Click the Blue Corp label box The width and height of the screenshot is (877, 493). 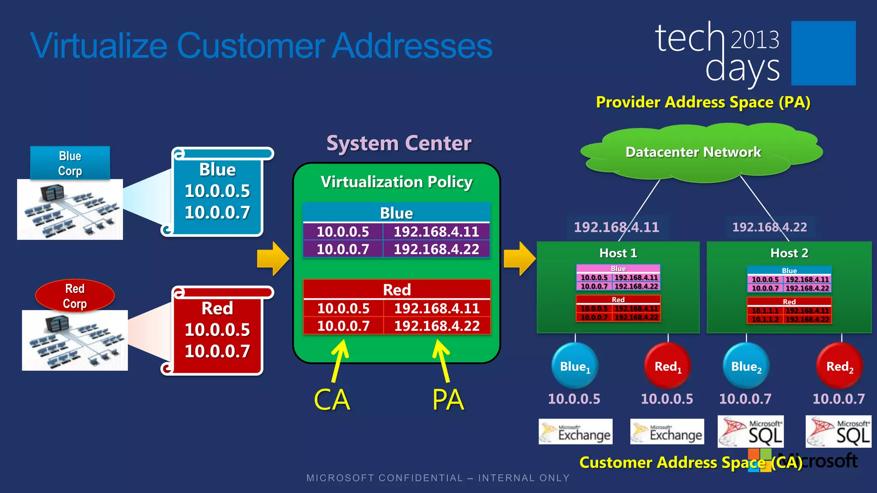(x=70, y=163)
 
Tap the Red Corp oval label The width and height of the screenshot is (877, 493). (x=75, y=295)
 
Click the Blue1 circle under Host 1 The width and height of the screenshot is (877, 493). (x=575, y=366)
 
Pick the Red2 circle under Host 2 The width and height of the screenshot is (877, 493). (x=839, y=366)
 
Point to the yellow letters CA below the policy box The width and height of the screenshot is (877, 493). (x=332, y=400)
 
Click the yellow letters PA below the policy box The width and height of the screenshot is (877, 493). (x=448, y=400)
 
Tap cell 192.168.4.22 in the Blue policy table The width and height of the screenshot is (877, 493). (x=436, y=249)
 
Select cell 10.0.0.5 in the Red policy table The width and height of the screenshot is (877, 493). (x=343, y=308)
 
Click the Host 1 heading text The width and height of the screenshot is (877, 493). (x=618, y=253)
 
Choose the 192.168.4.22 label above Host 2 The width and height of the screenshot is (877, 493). (x=770, y=227)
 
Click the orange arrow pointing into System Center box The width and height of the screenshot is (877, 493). (x=273, y=258)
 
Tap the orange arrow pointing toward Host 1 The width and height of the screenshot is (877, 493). (x=519, y=258)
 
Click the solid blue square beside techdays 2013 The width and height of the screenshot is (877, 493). (x=823, y=53)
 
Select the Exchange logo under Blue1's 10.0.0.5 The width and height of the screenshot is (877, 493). (x=575, y=431)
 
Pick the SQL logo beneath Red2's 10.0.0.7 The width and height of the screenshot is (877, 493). (x=838, y=431)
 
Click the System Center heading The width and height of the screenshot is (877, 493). (x=399, y=143)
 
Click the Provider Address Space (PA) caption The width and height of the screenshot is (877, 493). (x=703, y=102)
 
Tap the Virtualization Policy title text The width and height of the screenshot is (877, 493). (x=397, y=182)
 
